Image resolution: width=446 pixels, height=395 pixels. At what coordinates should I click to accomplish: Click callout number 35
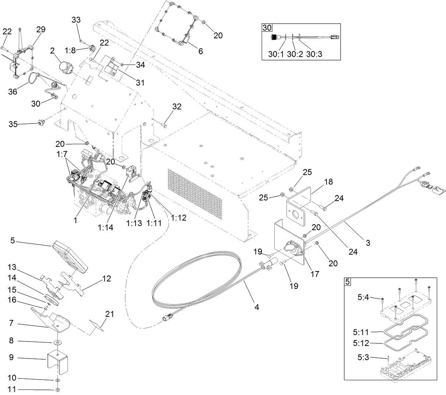(x=13, y=124)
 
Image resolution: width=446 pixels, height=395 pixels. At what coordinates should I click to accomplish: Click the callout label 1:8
(x=71, y=50)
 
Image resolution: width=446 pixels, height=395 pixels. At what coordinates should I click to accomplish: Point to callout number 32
(x=177, y=107)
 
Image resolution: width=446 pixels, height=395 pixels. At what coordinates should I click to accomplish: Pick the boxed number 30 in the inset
(x=266, y=28)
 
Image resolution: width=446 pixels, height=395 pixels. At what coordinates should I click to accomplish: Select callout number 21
(x=109, y=314)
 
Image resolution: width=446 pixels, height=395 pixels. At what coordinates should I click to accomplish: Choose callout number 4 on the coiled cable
(x=257, y=306)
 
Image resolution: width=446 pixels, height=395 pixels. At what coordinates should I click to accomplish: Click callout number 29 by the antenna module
(x=41, y=30)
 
